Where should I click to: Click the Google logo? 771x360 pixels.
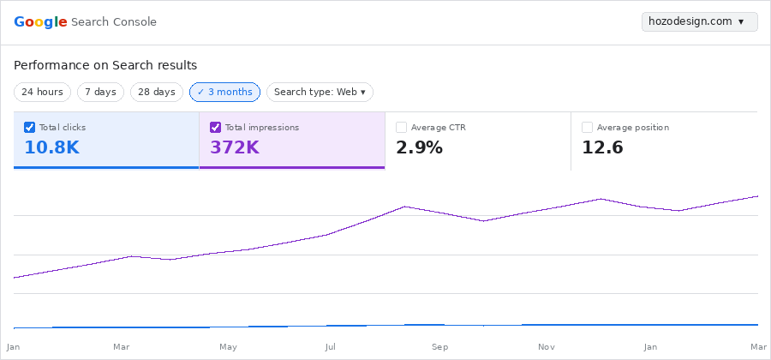coord(40,22)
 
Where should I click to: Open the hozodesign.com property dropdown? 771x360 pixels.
coord(699,21)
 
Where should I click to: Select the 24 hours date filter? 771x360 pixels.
coord(42,92)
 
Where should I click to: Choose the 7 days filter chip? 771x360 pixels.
coord(100,92)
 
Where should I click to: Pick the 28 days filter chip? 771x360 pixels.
coord(157,92)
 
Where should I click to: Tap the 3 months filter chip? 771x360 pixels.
coord(224,92)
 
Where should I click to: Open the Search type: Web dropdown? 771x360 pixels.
coord(320,92)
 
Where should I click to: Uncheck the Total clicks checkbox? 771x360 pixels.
coord(30,128)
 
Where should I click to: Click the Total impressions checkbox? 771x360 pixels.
coord(216,128)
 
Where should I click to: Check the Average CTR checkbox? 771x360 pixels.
coord(402,128)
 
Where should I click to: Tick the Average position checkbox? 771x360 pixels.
coord(588,128)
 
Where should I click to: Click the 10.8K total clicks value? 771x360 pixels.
coord(51,147)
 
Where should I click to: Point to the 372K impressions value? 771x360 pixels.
coord(234,147)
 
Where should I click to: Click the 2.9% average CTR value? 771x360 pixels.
coord(419,147)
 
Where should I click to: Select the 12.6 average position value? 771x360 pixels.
coord(602,147)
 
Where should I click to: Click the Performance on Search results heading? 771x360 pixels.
coord(105,65)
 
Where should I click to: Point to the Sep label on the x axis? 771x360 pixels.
coord(439,347)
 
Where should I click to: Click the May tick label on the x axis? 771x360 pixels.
coord(228,347)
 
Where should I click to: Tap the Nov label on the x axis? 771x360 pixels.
coord(546,347)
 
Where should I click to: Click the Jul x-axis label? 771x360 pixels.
coord(331,347)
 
